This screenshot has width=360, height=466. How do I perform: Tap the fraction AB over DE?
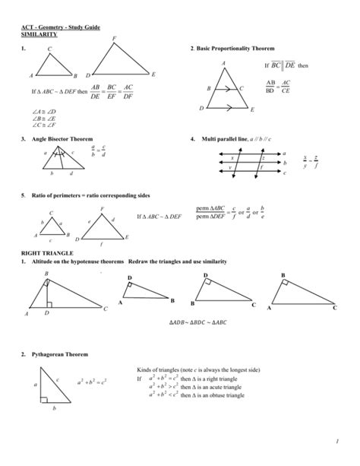pos(94,93)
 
